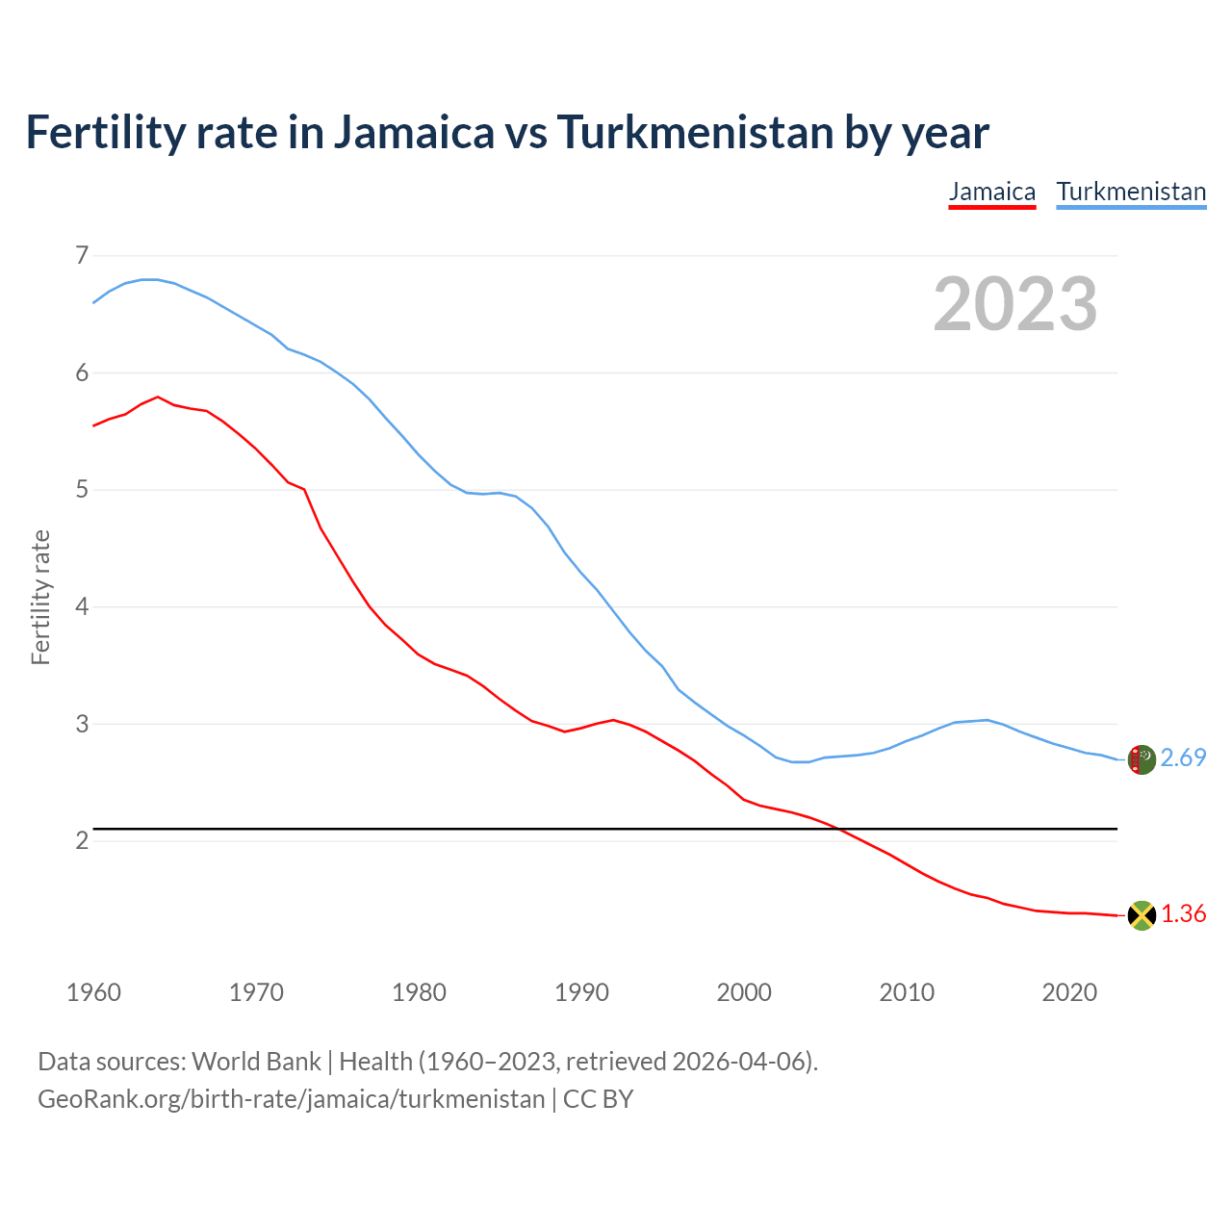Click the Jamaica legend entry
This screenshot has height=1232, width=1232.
click(991, 192)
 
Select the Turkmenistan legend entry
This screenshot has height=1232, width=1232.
click(1131, 192)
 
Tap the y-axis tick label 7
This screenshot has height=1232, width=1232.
click(82, 256)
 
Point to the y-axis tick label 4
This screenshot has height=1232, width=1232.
click(82, 607)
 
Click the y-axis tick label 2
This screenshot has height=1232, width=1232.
click(82, 841)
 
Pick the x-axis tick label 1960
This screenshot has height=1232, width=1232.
click(93, 992)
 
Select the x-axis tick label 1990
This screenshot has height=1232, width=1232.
click(581, 992)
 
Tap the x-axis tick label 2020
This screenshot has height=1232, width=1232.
click(1069, 992)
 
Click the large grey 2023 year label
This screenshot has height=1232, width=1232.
click(1015, 304)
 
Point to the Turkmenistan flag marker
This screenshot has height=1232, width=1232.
click(1141, 759)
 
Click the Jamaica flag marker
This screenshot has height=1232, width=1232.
click(1141, 915)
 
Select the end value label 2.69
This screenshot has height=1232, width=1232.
click(1183, 758)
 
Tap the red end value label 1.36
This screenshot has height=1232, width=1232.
click(1183, 914)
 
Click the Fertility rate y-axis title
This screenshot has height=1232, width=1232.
click(40, 597)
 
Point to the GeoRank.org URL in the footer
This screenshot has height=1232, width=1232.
click(291, 1099)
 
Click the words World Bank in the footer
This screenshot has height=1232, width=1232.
click(256, 1062)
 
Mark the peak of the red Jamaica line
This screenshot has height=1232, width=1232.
click(158, 397)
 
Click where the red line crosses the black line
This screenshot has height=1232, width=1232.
click(840, 829)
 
